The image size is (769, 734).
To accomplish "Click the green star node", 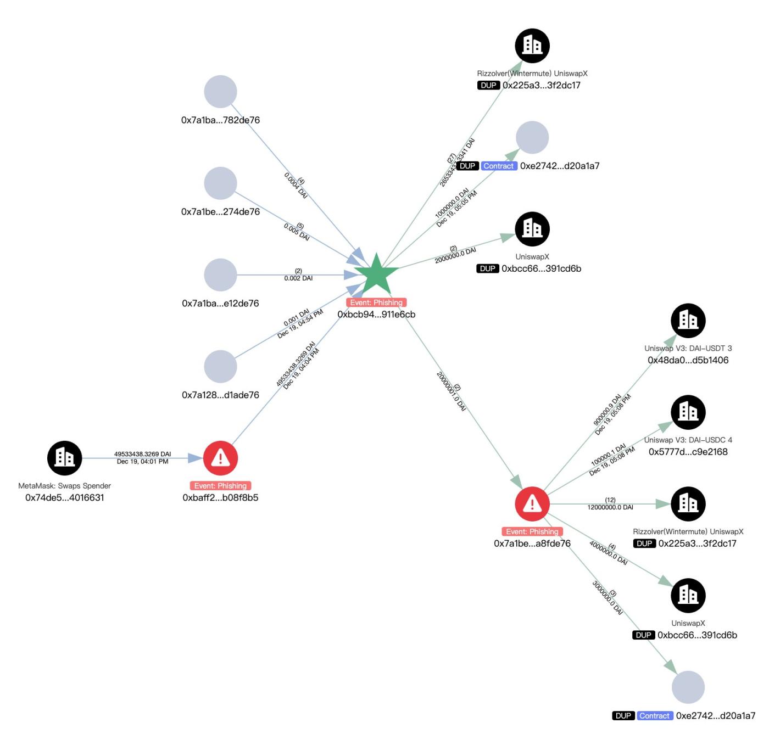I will click(376, 275).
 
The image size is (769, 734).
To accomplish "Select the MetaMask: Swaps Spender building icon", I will click(64, 458).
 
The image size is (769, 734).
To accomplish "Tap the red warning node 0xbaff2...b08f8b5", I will click(220, 458).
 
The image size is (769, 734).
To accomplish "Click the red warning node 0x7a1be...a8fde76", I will click(532, 503).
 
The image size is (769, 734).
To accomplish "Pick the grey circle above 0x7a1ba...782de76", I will click(220, 92).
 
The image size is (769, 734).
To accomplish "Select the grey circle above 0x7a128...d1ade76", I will click(220, 366).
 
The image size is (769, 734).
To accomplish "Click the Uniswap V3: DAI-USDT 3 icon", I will click(688, 321).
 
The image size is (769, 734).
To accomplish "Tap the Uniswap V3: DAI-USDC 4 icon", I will click(688, 412).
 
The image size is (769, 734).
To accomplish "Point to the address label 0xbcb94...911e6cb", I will click(376, 315).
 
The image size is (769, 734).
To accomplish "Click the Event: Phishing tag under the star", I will click(376, 302).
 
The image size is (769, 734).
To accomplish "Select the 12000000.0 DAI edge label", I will click(610, 507).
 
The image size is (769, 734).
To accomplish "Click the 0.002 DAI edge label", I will click(298, 278).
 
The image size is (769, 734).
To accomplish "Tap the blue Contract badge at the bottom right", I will click(654, 716).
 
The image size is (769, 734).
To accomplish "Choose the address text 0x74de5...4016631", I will click(64, 497).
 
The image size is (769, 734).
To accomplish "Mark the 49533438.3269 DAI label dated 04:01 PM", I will click(142, 454).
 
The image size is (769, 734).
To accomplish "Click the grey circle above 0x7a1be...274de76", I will click(220, 183).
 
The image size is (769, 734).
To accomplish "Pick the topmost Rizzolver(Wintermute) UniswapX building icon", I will click(532, 46).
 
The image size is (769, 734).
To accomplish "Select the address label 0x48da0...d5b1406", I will click(688, 360).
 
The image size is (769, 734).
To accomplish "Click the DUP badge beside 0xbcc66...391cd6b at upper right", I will click(487, 268).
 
